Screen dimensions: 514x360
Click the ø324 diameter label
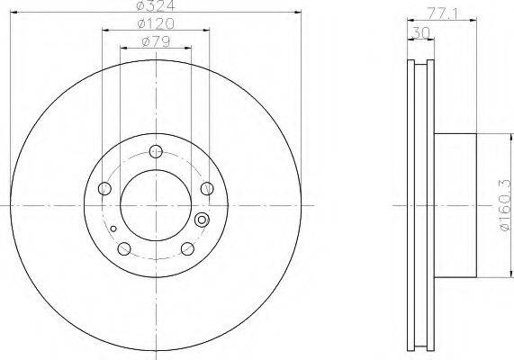(156, 4)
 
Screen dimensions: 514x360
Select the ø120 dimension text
(156, 23)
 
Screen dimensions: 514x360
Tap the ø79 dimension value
(156, 42)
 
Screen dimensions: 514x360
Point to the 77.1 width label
(442, 14)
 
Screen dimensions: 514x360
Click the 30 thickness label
(420, 32)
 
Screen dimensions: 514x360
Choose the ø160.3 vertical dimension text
(505, 205)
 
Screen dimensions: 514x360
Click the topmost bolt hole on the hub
(156, 151)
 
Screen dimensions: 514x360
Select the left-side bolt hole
(104, 188)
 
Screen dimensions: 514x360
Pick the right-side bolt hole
(207, 188)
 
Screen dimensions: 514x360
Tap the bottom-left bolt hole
(124, 248)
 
